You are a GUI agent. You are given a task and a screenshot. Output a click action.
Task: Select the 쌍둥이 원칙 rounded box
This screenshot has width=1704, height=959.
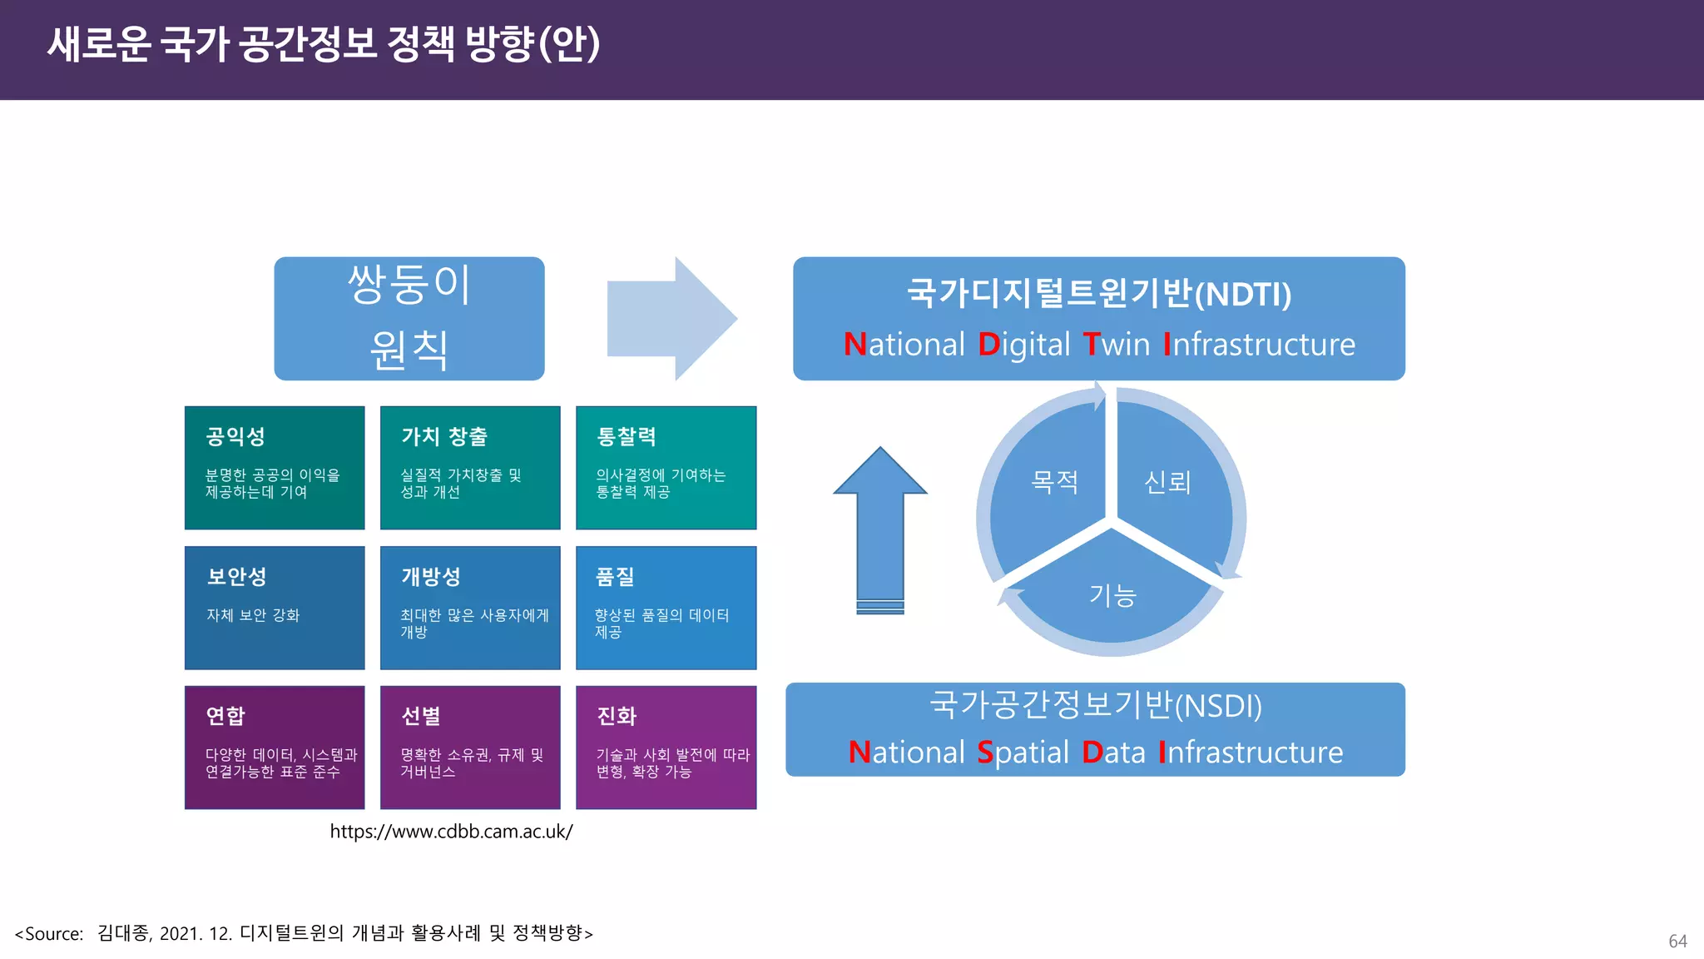tap(409, 318)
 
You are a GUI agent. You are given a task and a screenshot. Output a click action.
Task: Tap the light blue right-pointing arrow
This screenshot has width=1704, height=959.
tap(672, 318)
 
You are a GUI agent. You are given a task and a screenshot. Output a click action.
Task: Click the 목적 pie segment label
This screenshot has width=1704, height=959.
tap(1054, 482)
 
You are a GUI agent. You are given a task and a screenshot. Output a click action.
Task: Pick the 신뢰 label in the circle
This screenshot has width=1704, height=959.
tap(1167, 482)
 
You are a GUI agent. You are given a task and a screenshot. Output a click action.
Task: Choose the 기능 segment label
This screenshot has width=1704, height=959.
tap(1112, 595)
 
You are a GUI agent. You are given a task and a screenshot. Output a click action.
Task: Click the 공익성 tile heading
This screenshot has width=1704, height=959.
tap(235, 436)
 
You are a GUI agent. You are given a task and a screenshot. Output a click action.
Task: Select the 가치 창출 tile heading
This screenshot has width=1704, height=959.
tap(444, 436)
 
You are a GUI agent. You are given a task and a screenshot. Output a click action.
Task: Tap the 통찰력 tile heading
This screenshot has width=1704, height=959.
tap(627, 436)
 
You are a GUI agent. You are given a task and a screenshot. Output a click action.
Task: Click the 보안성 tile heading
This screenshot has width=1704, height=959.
tap(236, 576)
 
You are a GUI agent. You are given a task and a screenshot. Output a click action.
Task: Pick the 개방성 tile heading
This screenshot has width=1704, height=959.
tap(431, 576)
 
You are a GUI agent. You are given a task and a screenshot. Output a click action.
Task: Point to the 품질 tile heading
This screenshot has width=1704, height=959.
tap(615, 576)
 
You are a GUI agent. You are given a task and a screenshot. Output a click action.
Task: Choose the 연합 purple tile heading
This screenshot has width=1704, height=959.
tap(225, 716)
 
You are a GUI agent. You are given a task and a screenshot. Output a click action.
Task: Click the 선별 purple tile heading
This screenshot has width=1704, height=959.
tap(421, 716)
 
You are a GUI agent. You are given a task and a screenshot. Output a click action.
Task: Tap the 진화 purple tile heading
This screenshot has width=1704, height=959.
tap(617, 716)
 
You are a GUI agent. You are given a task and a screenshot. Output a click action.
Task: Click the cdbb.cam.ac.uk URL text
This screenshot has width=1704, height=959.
tap(451, 832)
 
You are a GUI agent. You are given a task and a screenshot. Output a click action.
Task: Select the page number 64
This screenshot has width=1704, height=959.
tap(1677, 942)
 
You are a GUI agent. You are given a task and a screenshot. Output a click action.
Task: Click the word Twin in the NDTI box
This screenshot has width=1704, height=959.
tap(1116, 345)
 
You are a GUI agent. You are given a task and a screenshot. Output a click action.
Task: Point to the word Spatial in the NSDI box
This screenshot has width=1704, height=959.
tap(1023, 753)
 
